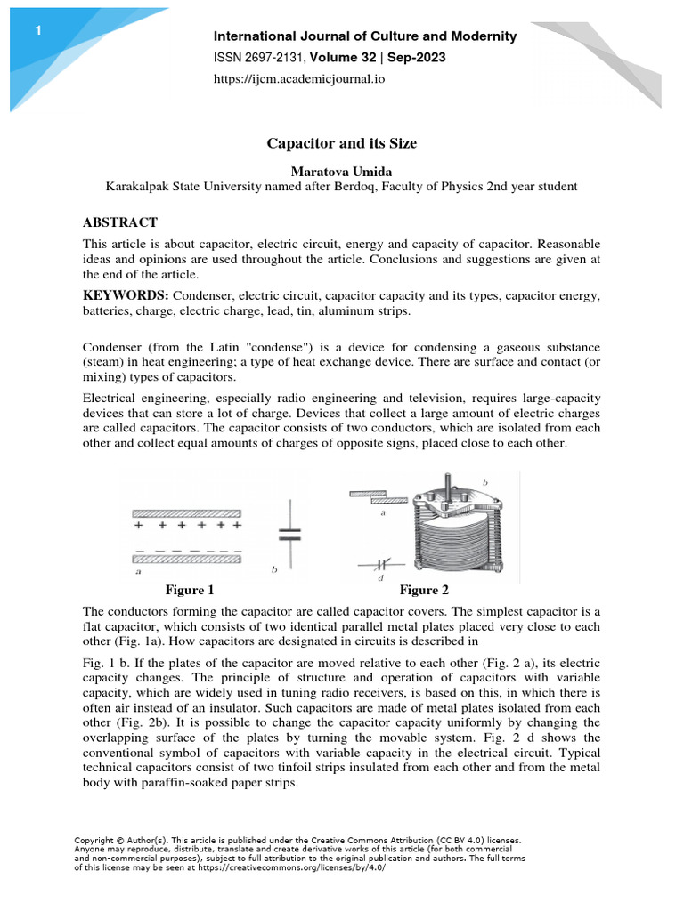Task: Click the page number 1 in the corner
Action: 38,32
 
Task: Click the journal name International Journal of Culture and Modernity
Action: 365,36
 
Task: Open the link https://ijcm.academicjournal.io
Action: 299,79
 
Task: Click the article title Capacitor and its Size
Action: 342,142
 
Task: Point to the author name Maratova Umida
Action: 342,170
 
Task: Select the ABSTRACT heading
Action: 120,222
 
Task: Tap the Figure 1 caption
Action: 190,590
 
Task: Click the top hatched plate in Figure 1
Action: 186,513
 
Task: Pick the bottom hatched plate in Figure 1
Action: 186,560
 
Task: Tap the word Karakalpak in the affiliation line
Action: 139,187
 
